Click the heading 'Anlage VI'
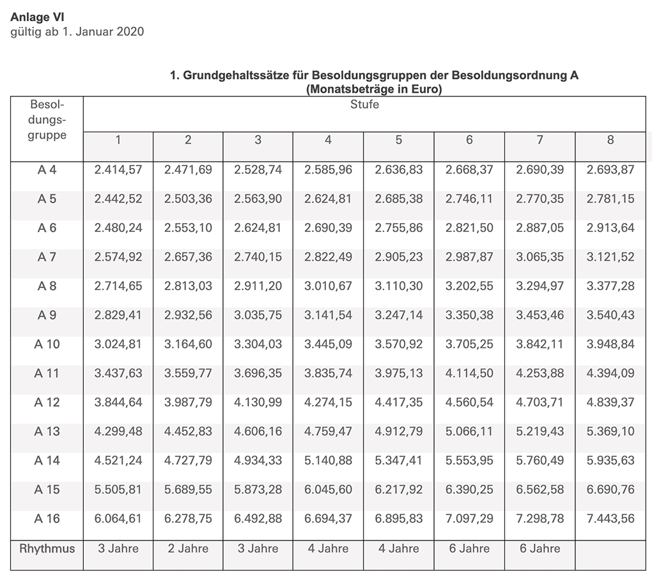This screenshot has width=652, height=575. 38,18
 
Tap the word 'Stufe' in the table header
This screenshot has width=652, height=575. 364,105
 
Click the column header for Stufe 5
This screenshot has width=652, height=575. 398,139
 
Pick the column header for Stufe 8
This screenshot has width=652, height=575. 610,139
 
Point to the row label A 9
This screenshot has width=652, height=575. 47,315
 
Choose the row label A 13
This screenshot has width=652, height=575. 47,431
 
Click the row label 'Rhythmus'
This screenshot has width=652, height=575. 47,549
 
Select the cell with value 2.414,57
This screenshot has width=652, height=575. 118,170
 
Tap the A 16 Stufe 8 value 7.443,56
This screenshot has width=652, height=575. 610,519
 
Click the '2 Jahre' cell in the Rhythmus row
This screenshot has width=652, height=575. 188,549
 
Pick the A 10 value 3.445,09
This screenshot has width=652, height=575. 328,344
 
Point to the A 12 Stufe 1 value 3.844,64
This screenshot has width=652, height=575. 118,402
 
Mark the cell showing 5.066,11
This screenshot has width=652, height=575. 469,431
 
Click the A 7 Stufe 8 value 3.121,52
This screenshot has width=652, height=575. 610,257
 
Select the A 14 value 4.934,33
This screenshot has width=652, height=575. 258,461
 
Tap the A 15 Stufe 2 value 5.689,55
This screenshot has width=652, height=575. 188,489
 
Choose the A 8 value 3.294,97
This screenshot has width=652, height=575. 539,286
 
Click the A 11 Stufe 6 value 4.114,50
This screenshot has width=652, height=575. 469,373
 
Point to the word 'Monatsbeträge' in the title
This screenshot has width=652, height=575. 348,89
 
